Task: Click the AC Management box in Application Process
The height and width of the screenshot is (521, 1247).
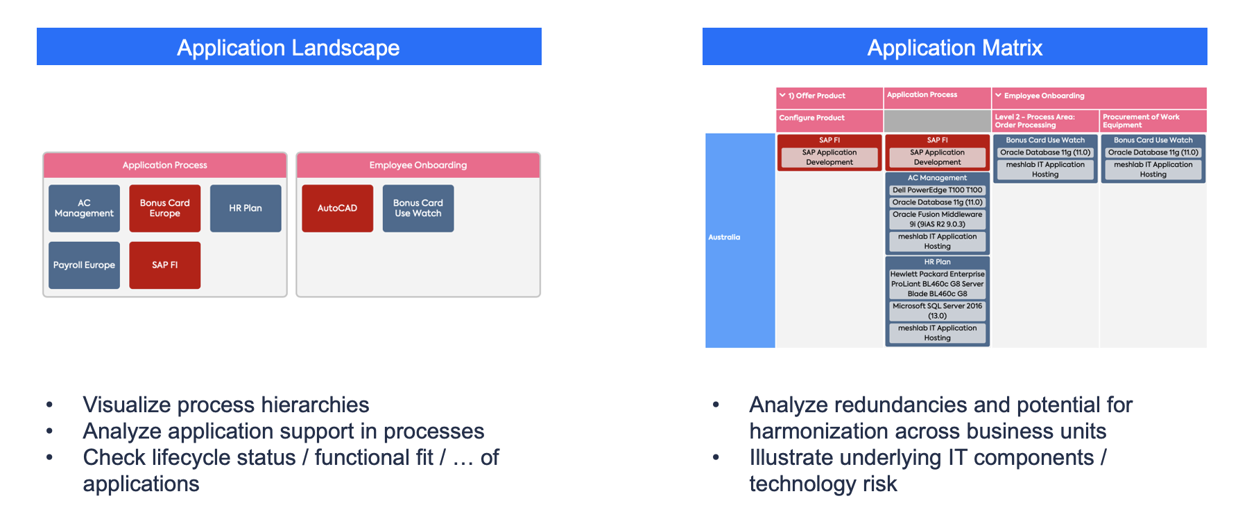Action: pyautogui.click(x=84, y=208)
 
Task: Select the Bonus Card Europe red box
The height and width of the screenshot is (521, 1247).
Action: pyautogui.click(x=164, y=208)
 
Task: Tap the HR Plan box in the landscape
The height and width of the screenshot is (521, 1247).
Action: pyautogui.click(x=246, y=208)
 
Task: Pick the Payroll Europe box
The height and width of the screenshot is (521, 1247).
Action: pyautogui.click(x=84, y=265)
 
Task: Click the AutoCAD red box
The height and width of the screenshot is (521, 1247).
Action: pyautogui.click(x=337, y=208)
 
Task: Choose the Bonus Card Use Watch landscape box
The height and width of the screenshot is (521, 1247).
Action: pyautogui.click(x=418, y=208)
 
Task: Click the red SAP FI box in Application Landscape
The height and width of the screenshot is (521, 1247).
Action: pyautogui.click(x=164, y=265)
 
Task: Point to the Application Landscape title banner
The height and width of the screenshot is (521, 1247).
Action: pyautogui.click(x=289, y=46)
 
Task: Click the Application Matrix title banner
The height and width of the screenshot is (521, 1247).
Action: pyautogui.click(x=955, y=46)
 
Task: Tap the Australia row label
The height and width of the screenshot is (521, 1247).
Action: pyautogui.click(x=740, y=240)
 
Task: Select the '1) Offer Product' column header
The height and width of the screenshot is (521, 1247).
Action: pyautogui.click(x=829, y=97)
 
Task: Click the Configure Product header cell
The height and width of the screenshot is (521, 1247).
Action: pyautogui.click(x=829, y=120)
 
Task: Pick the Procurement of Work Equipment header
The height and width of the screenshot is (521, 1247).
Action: pyautogui.click(x=1153, y=121)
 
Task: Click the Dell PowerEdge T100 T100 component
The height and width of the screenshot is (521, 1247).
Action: pyautogui.click(x=938, y=190)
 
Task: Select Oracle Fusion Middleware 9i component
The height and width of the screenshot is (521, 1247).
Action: pyautogui.click(x=938, y=219)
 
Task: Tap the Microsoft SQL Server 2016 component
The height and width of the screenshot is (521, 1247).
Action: pyautogui.click(x=938, y=310)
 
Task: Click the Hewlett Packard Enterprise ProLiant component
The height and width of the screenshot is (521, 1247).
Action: pyautogui.click(x=938, y=283)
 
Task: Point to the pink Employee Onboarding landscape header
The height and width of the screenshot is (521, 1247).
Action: pyautogui.click(x=418, y=165)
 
